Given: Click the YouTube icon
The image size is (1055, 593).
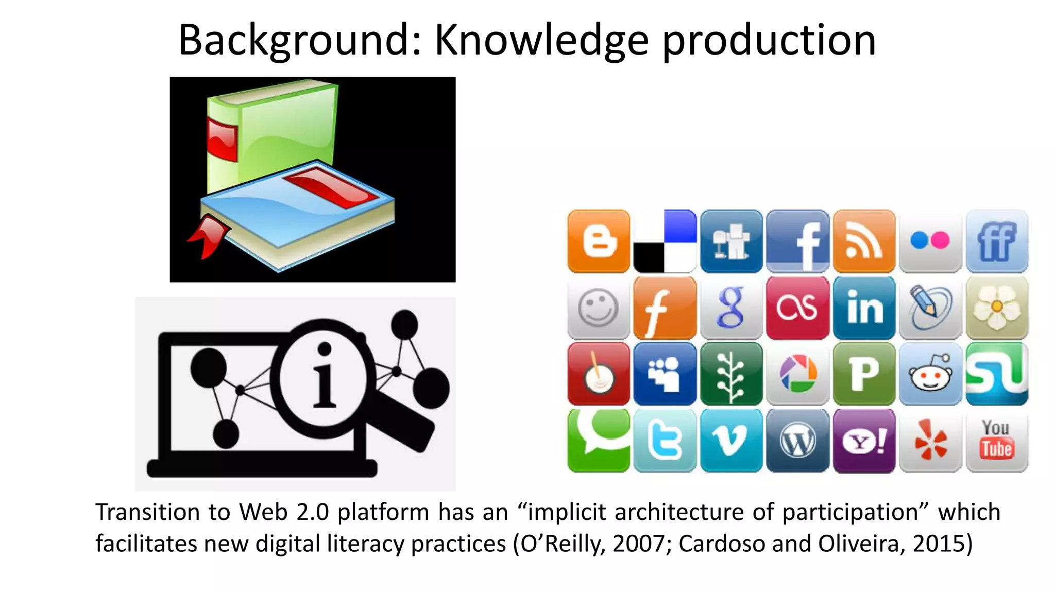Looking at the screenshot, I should point(996,441).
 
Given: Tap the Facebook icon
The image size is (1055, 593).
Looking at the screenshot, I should point(797,241).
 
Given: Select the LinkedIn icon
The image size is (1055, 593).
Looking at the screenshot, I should point(864,308).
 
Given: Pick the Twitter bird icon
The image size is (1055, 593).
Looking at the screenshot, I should point(665,441).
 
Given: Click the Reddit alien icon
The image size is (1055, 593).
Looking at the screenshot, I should point(930,374).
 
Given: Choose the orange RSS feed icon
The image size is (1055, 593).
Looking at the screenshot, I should point(864,241).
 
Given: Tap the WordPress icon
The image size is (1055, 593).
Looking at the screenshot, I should point(797,441).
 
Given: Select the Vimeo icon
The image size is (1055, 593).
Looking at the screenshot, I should point(731,441).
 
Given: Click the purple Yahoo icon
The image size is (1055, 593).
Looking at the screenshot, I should point(864,441).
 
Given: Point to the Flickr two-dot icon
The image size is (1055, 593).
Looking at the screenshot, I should point(930,241).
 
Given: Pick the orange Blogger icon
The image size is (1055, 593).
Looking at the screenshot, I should point(599,241).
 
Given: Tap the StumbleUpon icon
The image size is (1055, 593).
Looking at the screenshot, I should point(996,374).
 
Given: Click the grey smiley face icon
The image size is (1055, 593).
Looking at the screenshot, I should point(599,308).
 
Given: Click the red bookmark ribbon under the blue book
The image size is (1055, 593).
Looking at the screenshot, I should point(208,236).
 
